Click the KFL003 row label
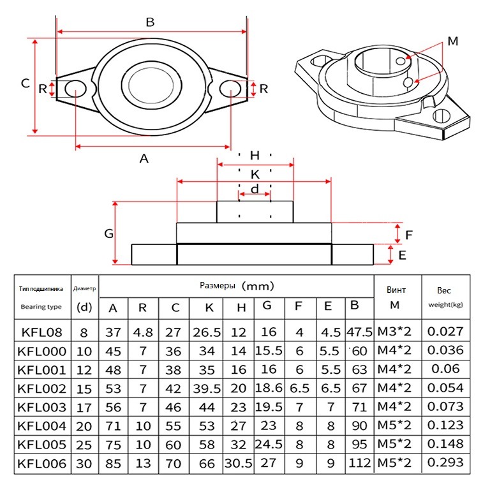(x=42, y=407)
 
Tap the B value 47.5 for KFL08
(x=359, y=332)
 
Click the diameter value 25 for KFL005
(x=84, y=445)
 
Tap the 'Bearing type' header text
(x=41, y=307)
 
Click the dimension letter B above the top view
(x=150, y=22)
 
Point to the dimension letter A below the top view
(x=144, y=159)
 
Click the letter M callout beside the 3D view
(x=452, y=41)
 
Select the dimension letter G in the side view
(x=109, y=233)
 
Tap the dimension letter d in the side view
(x=254, y=189)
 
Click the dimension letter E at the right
(x=403, y=255)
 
